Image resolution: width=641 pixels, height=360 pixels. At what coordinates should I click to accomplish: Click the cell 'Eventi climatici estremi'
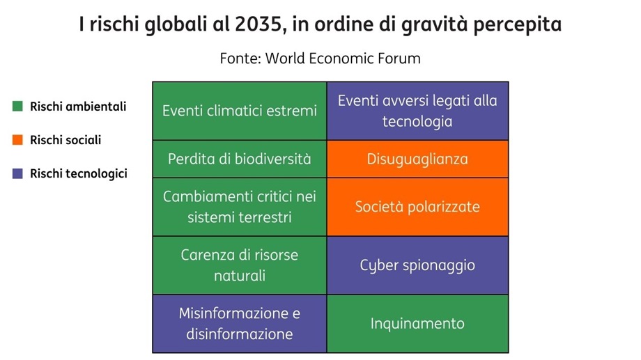click(240, 111)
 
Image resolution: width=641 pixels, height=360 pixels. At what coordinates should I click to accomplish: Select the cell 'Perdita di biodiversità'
click(240, 159)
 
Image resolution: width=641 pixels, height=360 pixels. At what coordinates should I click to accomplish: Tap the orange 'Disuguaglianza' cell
click(417, 159)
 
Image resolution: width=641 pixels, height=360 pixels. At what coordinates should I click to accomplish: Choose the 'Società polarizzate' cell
click(417, 207)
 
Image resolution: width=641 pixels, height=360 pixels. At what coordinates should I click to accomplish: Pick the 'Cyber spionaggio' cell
click(417, 265)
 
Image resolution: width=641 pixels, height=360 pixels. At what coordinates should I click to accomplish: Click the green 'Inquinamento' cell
click(417, 324)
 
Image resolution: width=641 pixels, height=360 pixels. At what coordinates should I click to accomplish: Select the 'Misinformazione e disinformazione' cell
click(240, 324)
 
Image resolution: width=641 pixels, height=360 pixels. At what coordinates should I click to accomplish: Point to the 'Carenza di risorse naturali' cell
click(240, 265)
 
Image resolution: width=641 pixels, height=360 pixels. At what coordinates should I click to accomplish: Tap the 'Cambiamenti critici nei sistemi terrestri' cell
click(240, 207)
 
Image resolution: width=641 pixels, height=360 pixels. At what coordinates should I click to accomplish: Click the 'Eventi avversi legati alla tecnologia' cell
click(417, 111)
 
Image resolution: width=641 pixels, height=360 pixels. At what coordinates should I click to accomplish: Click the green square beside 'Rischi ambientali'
click(17, 107)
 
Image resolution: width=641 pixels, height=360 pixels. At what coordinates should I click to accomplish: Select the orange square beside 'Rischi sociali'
click(17, 140)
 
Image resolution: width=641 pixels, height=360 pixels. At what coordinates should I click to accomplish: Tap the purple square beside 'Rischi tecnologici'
click(17, 174)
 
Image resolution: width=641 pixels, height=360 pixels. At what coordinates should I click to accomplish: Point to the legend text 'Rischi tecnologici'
click(78, 174)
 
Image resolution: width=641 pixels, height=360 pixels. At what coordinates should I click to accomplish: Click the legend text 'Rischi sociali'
click(65, 140)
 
